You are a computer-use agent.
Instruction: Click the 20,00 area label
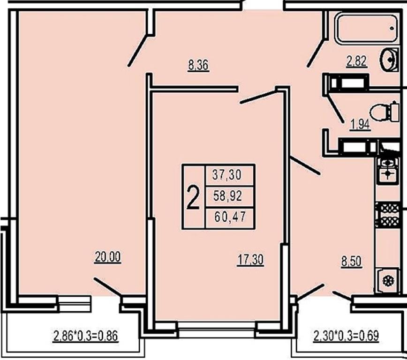(x=108, y=258)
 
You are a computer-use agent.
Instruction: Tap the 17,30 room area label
(x=250, y=260)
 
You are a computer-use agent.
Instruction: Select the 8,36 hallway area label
(x=198, y=65)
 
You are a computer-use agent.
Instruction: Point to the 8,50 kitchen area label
(x=351, y=261)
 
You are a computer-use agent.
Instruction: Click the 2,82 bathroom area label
(x=357, y=61)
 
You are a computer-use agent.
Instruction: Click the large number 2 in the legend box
(x=193, y=197)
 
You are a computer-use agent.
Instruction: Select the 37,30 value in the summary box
(x=227, y=175)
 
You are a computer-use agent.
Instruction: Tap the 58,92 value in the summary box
(x=227, y=196)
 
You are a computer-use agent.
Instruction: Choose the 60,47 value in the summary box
(x=230, y=217)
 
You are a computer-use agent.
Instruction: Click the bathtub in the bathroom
(x=367, y=28)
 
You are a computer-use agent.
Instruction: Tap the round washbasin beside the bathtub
(x=389, y=60)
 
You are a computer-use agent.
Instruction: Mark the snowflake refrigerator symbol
(x=388, y=281)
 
